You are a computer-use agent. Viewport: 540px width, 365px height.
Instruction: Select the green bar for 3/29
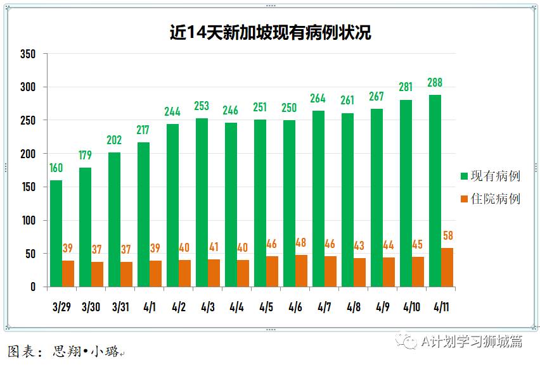56,233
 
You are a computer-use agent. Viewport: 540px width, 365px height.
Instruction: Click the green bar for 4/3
202,202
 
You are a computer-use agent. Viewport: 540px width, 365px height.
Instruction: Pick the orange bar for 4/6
301,271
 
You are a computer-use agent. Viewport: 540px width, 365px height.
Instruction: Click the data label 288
435,83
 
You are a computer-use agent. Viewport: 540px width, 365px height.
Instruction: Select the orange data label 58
447,236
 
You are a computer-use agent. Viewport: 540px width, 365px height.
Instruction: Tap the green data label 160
56,168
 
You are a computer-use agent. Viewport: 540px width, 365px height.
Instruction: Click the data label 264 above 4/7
318,99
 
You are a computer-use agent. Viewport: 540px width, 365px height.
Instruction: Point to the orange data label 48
301,243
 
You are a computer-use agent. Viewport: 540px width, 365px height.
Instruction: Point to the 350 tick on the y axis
27,54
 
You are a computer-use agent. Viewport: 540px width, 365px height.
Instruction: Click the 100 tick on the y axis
27,221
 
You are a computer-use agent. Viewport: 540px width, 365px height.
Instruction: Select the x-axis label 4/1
150,308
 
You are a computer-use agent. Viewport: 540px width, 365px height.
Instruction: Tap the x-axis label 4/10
411,308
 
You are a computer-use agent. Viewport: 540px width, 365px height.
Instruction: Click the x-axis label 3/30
91,308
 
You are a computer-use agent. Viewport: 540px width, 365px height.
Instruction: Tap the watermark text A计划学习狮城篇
472,342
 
